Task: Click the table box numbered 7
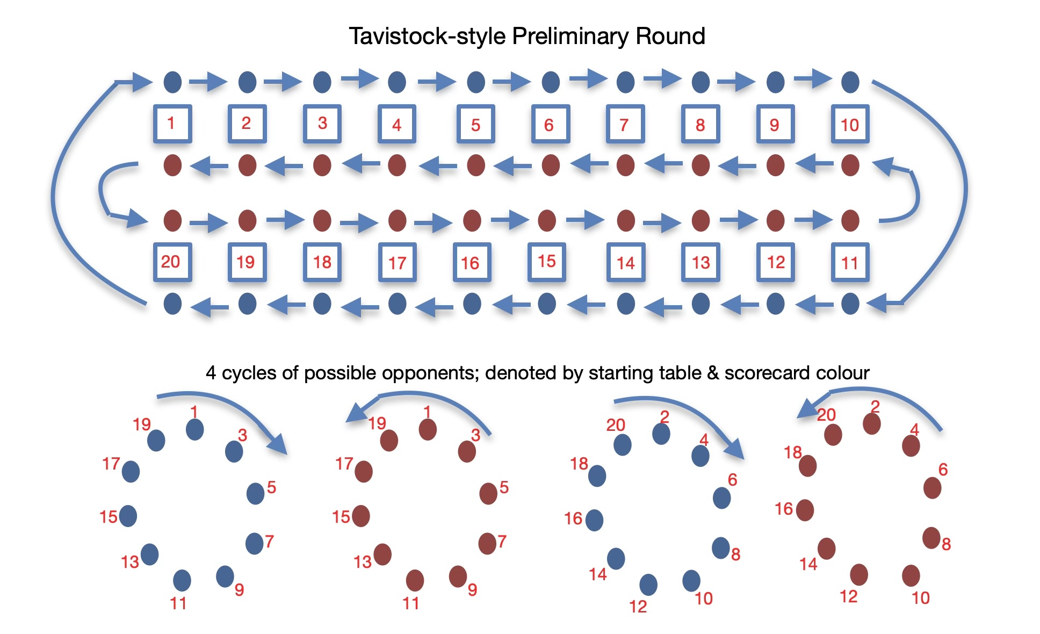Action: [x=625, y=124]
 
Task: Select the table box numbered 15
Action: [x=546, y=262]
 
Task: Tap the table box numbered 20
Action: [x=172, y=262]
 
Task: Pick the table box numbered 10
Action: [x=850, y=124]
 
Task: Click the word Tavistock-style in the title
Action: [x=427, y=37]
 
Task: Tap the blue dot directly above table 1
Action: [x=172, y=82]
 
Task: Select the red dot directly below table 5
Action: [x=476, y=165]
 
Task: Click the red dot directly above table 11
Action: [x=850, y=220]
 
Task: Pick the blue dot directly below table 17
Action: [x=397, y=304]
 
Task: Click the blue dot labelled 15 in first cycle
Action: [x=128, y=516]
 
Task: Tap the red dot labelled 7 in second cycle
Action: [x=487, y=544]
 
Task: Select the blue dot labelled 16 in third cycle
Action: [x=594, y=520]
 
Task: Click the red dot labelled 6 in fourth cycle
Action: [x=932, y=488]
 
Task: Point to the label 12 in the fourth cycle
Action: [x=848, y=596]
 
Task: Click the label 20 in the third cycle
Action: [x=616, y=425]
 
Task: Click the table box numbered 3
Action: [x=322, y=124]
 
